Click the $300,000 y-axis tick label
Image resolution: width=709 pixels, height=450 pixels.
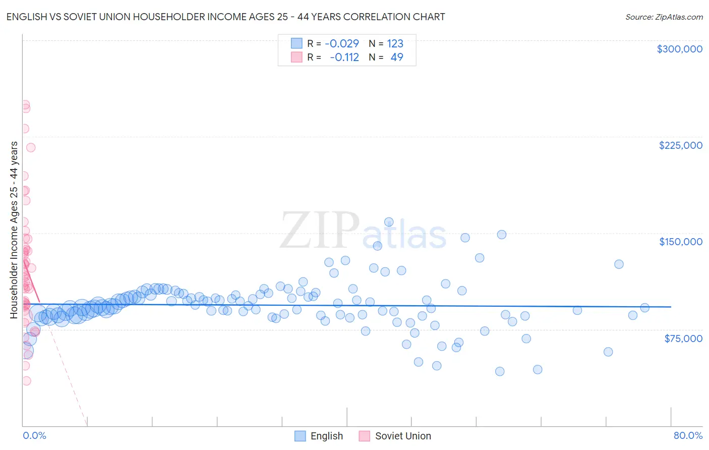[x=679, y=49]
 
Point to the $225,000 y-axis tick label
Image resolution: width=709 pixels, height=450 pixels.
[x=680, y=145]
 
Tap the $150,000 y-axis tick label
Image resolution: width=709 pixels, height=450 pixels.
[x=680, y=242]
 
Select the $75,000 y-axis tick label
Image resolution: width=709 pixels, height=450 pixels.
[x=683, y=339]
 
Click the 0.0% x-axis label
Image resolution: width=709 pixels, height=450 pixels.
[x=34, y=435]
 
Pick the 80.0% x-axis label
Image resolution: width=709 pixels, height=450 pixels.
[x=688, y=435]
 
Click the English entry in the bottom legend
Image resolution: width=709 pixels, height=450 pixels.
[x=326, y=436]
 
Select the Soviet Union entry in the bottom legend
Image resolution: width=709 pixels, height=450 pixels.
[x=402, y=436]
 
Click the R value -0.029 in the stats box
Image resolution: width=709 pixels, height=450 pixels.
[x=341, y=44]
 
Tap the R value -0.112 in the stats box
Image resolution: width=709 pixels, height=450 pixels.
[x=344, y=58]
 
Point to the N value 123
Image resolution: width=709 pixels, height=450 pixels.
[x=395, y=44]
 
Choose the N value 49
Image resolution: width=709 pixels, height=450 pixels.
[x=397, y=58]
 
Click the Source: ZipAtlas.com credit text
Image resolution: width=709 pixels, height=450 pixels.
[x=664, y=17]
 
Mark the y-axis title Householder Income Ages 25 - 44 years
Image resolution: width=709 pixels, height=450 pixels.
[x=14, y=230]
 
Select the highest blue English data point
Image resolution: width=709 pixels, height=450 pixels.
[x=389, y=222]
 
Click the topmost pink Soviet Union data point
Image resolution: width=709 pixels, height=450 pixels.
[x=25, y=105]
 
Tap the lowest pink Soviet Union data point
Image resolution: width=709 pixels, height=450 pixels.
[x=26, y=381]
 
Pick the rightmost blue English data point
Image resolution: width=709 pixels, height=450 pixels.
[x=644, y=308]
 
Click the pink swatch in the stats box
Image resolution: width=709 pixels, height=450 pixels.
[x=297, y=57]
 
